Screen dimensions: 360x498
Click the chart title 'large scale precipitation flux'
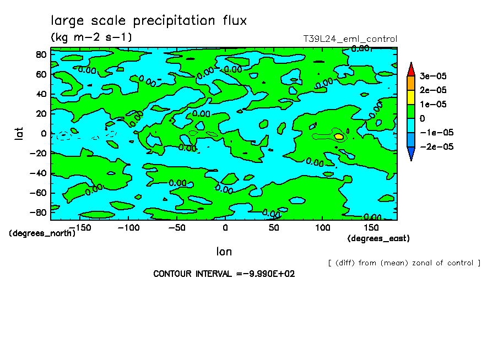149,21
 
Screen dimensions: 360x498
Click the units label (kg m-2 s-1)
91,37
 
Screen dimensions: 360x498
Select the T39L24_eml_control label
350,39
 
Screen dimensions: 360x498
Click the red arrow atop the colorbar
410,69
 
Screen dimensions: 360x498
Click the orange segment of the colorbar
410,83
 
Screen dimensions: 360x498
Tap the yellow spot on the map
339,136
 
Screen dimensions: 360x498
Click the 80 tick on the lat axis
40,54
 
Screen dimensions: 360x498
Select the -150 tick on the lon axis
82,227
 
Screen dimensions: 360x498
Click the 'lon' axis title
224,252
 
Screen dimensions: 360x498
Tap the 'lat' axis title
18,132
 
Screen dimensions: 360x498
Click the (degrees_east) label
378,238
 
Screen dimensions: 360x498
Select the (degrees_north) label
42,233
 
